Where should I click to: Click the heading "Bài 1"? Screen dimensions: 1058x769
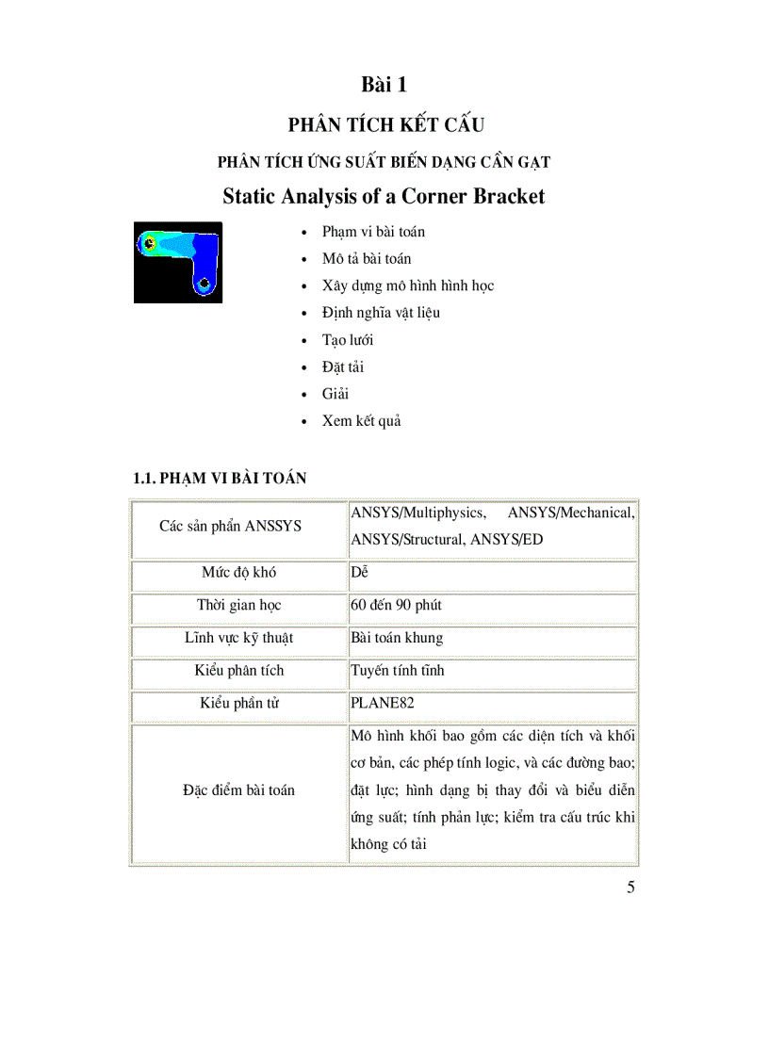(384, 85)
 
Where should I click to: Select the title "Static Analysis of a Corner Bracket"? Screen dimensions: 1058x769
(384, 197)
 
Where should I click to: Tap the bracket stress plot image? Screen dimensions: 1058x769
(178, 262)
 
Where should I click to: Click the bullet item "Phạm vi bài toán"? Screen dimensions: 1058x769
(373, 232)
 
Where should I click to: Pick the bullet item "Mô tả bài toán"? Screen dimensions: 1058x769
(367, 259)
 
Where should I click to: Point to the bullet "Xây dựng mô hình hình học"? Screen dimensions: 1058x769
(408, 285)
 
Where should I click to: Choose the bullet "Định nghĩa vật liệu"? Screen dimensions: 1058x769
(381, 313)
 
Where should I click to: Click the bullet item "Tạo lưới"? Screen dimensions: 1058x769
(348, 340)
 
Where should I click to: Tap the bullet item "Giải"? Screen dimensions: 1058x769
(335, 394)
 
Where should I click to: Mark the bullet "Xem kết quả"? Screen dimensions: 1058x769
(362, 421)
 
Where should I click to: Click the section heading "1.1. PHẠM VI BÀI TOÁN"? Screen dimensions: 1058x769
(220, 479)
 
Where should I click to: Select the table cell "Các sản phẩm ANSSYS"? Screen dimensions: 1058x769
(230, 526)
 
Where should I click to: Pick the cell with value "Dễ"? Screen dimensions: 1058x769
(359, 573)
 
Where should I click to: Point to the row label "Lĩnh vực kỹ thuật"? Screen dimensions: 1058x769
(238, 638)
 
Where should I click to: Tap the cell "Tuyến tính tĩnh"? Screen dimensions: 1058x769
(398, 671)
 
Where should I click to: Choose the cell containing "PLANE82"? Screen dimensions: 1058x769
(383, 704)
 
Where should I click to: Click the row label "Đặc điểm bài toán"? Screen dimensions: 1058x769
(238, 790)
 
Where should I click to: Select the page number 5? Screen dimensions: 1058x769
(630, 887)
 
